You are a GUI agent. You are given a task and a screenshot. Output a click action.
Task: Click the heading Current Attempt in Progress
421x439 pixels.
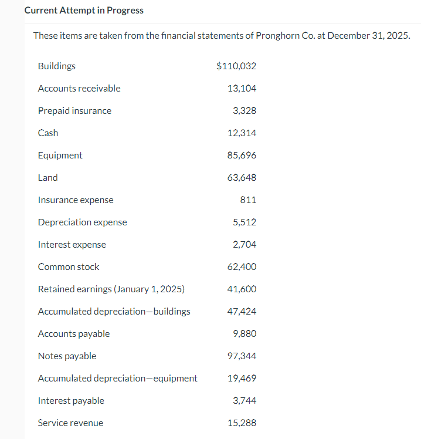(84, 11)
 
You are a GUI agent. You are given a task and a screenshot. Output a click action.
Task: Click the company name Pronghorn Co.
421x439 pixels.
(285, 35)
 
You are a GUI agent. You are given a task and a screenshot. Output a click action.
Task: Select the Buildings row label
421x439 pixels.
(56, 66)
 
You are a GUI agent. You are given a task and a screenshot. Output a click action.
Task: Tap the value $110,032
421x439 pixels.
(236, 66)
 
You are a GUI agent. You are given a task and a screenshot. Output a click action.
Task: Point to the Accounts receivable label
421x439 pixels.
(79, 88)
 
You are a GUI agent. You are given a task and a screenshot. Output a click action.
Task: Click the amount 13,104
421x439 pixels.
(242, 88)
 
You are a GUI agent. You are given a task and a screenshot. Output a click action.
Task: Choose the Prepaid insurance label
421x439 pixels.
(74, 110)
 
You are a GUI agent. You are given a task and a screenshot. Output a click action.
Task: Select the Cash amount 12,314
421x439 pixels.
(242, 133)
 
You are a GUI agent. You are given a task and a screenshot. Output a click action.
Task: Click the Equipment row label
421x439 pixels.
(60, 155)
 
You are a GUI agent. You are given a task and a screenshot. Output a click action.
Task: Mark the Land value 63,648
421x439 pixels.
(242, 177)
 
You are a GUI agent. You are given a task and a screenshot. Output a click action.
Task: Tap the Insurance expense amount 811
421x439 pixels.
(248, 200)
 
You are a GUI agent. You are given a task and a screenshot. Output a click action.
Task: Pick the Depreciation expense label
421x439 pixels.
(82, 222)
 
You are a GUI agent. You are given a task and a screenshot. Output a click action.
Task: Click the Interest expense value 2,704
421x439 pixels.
(244, 244)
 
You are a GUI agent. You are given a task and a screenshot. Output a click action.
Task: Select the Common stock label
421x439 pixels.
(69, 266)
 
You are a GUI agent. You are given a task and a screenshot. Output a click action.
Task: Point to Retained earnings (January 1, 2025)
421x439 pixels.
(111, 289)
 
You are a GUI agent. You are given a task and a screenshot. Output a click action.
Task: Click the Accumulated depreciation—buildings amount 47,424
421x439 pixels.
(242, 311)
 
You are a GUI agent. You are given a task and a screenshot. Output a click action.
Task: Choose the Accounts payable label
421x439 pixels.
(73, 333)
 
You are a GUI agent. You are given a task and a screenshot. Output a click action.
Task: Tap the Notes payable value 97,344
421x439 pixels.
(242, 356)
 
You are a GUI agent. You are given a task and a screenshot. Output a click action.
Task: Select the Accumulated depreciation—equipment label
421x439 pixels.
(117, 378)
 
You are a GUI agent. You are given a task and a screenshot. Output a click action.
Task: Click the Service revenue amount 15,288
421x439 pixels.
(242, 423)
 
